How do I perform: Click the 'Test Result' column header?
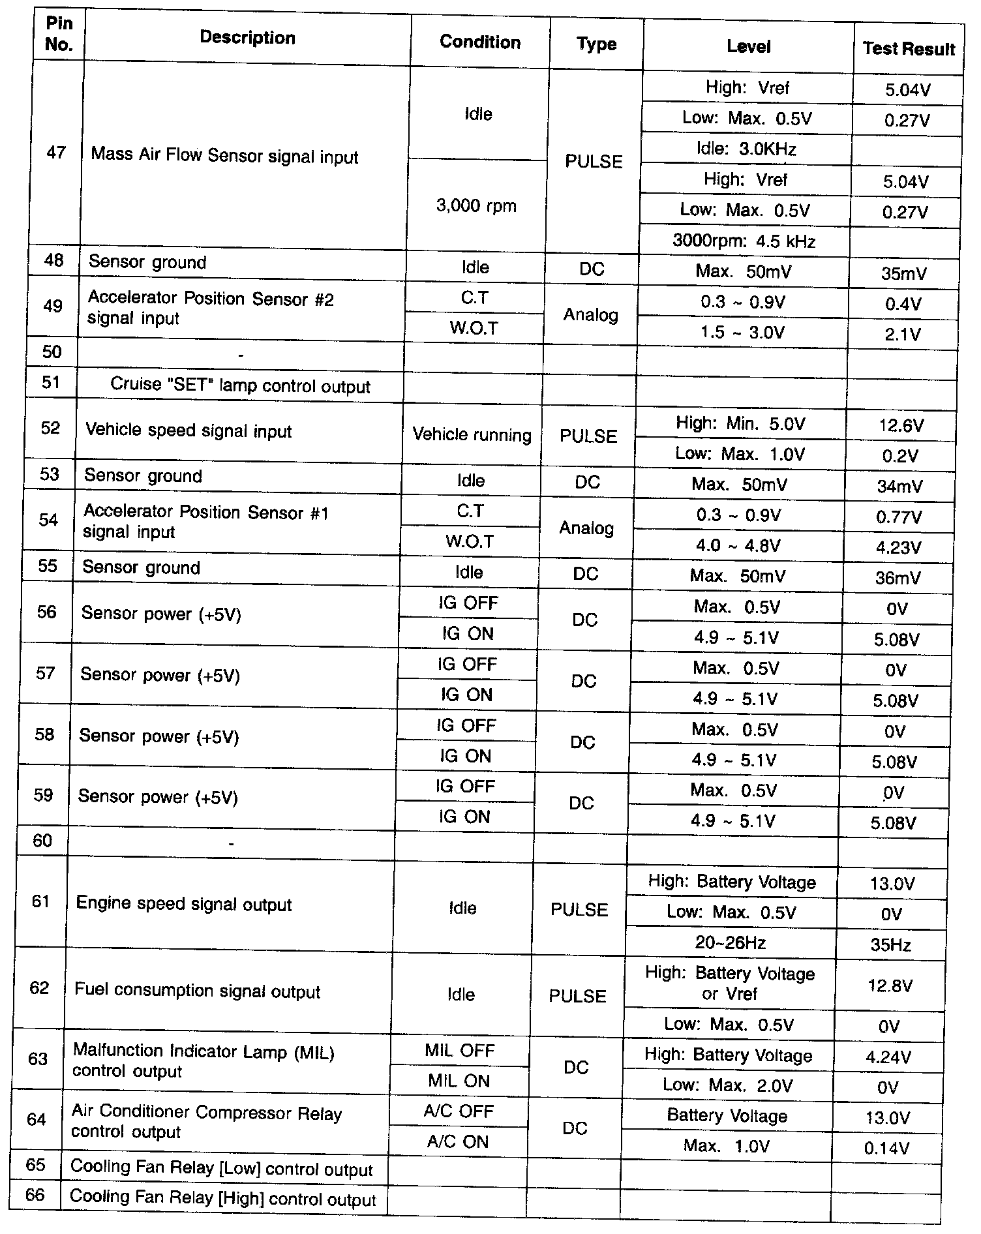tap(909, 49)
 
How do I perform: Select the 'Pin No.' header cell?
tap(59, 35)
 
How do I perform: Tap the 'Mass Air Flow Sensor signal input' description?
tap(224, 156)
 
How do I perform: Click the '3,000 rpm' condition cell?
tap(476, 206)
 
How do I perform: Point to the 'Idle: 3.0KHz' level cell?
tap(746, 149)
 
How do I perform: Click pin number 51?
tap(52, 382)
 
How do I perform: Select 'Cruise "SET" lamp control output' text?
tap(240, 385)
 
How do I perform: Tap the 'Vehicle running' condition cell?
tap(472, 435)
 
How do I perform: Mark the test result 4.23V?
tap(898, 548)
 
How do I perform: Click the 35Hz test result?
tap(890, 945)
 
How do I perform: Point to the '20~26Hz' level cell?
tap(730, 942)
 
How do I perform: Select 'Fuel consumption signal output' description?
tap(198, 991)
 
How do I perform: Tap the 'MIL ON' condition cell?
tap(459, 1081)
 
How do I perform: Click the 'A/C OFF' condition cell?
tap(459, 1111)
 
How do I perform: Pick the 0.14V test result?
tap(886, 1149)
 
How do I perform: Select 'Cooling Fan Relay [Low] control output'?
tap(221, 1168)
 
